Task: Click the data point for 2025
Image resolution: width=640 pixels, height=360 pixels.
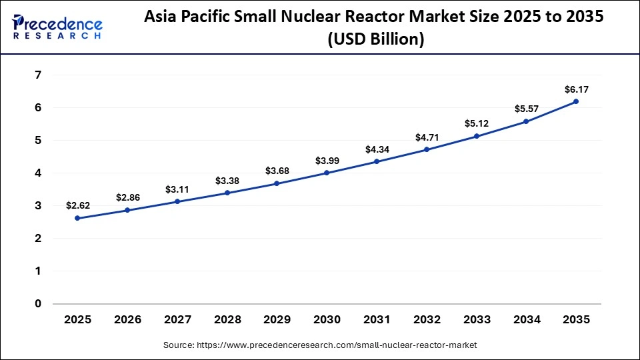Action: [x=77, y=218]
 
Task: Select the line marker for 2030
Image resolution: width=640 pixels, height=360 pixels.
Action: [x=327, y=173]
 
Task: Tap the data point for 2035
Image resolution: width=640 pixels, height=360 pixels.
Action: [x=576, y=101]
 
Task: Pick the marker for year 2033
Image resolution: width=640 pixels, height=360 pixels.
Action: [x=476, y=136]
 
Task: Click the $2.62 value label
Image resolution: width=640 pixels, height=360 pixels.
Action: [x=77, y=206]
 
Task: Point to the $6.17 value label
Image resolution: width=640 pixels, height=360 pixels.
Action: [x=576, y=89]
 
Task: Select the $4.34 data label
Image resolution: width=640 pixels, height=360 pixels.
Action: [x=377, y=149]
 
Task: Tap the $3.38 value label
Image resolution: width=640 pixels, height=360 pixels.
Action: [x=227, y=181]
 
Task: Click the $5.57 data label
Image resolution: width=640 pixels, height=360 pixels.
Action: [x=526, y=109]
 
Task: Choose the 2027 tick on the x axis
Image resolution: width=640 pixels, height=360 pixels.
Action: [x=177, y=319]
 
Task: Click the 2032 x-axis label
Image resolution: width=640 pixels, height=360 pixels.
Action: [x=427, y=319]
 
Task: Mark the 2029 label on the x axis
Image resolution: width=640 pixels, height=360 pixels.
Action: [x=277, y=319]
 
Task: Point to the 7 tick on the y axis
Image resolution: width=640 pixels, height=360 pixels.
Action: [x=37, y=75]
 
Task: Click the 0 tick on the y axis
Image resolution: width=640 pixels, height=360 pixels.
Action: [x=37, y=303]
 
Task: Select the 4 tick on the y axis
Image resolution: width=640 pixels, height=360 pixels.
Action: [x=37, y=173]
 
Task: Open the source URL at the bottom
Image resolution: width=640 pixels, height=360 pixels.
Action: [x=320, y=345]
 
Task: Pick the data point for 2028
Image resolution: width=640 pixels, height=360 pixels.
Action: [x=227, y=193]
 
